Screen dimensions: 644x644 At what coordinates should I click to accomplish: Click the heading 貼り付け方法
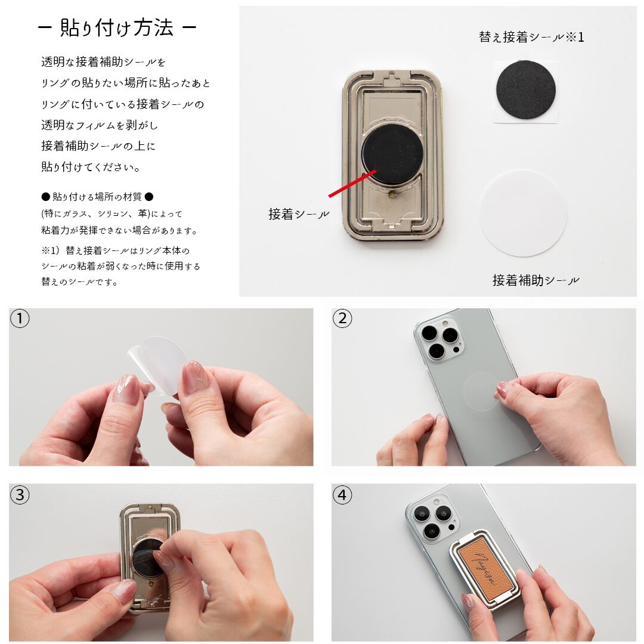tap(117, 28)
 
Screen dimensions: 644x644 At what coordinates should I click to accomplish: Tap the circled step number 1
tap(20, 318)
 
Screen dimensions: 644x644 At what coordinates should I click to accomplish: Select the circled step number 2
tap(342, 318)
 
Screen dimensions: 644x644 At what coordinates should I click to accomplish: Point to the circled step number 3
tap(20, 495)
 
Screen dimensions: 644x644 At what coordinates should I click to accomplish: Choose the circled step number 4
tap(342, 495)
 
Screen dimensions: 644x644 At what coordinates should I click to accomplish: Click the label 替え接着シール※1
tap(531, 38)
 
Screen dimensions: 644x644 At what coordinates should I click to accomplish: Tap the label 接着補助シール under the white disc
tap(535, 280)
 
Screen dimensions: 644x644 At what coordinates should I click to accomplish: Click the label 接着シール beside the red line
tap(299, 214)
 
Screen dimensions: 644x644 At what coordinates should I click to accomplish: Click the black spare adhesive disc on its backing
tap(526, 90)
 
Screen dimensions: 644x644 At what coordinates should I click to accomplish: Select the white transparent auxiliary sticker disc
tap(524, 213)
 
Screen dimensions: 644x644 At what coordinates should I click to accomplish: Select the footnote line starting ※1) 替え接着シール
tap(116, 250)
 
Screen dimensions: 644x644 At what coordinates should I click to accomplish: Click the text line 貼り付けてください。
tap(91, 167)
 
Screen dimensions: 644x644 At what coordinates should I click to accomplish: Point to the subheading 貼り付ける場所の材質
tap(97, 197)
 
